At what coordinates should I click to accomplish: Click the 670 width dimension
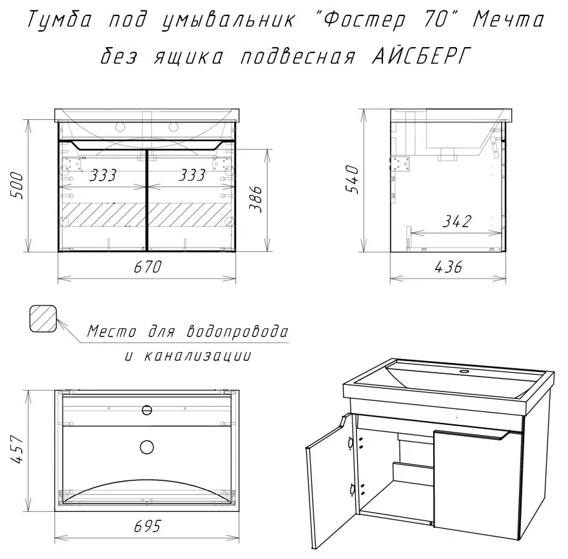148,268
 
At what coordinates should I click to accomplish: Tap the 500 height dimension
17,186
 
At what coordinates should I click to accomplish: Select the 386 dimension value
256,199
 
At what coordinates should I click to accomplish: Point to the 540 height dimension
352,179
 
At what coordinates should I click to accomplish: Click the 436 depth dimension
449,268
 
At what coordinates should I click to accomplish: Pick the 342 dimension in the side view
457,221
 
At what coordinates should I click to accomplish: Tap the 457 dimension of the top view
17,449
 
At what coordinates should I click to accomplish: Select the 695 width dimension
147,526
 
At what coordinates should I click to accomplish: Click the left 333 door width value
103,175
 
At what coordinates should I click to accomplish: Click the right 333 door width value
192,175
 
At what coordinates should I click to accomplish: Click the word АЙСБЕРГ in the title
421,57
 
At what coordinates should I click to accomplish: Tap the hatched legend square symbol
43,319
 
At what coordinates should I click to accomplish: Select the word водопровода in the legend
237,331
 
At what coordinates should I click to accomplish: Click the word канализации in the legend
197,356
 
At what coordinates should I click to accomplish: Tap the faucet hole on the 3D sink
464,371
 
